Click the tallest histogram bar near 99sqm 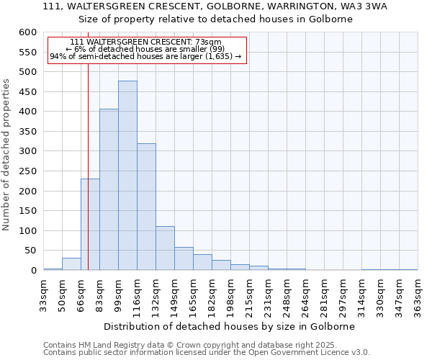(127, 176)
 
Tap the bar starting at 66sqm (90, 225)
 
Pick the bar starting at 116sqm (146, 207)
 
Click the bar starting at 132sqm (165, 248)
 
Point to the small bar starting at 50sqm (71, 264)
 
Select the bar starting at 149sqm (184, 258)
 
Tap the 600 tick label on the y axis (27, 32)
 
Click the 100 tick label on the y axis (27, 231)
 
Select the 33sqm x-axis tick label (43, 292)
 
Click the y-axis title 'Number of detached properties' (7, 156)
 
